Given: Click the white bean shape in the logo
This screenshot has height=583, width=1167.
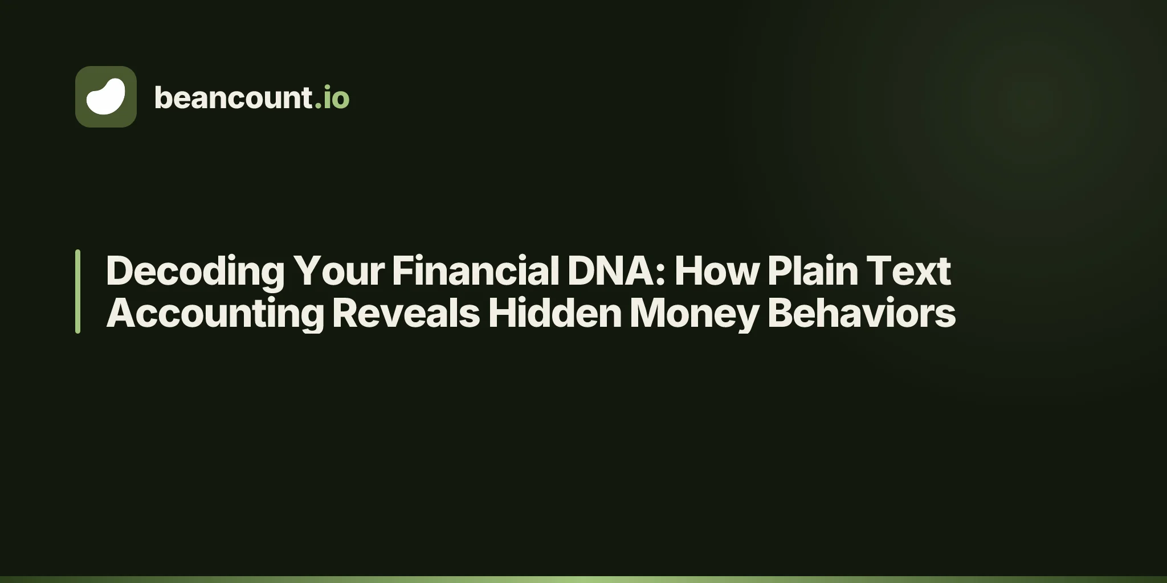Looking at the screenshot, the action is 105,97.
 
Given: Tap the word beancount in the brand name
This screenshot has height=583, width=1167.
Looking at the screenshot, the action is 233,97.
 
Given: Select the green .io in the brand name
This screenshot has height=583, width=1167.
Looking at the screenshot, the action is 332,97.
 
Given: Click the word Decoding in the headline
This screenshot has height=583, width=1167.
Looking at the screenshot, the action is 195,271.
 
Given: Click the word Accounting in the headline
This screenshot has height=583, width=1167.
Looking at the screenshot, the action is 215,314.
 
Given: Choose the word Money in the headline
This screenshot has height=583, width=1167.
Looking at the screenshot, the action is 695,314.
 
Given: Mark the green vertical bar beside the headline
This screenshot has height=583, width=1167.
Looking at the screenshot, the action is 77,291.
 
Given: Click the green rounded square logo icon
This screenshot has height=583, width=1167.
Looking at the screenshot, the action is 106,97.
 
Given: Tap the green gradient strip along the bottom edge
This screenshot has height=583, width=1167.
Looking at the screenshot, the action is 583,580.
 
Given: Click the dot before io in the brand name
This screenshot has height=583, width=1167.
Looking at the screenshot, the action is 318,106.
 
